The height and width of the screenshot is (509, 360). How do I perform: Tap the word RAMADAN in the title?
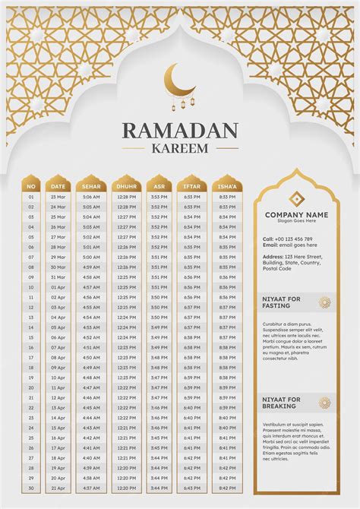[x=180, y=131]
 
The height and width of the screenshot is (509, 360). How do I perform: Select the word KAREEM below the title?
[x=180, y=150]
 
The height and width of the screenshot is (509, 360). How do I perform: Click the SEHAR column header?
[x=91, y=186]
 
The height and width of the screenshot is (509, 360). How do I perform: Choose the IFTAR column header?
[x=192, y=186]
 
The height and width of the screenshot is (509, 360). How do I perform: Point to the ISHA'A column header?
[x=227, y=186]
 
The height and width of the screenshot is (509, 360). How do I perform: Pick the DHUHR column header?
[x=126, y=186]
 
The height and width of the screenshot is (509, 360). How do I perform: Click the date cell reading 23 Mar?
[x=58, y=198]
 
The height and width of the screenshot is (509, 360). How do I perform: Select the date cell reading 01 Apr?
[x=58, y=287]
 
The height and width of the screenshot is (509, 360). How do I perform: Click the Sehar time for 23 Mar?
[x=91, y=198]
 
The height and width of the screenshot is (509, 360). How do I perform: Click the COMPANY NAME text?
[x=296, y=215]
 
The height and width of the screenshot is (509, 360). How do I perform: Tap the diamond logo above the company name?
[x=296, y=199]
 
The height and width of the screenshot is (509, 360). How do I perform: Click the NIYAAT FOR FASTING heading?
[x=282, y=302]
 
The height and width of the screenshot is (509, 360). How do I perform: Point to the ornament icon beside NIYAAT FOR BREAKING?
[x=325, y=403]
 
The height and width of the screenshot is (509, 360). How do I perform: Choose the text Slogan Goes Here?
[x=296, y=222]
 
